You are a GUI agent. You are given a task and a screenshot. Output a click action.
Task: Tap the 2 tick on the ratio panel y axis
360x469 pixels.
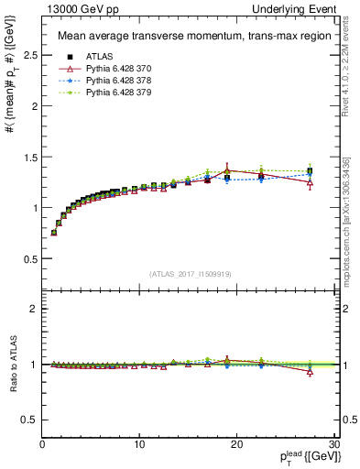pos(34,309)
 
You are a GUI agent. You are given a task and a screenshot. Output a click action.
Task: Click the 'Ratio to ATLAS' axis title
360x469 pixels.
pos(12,364)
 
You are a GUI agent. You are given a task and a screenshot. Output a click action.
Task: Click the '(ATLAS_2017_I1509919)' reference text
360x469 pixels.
pos(190,273)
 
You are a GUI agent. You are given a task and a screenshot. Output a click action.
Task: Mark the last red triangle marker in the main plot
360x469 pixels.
pos(311,183)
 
